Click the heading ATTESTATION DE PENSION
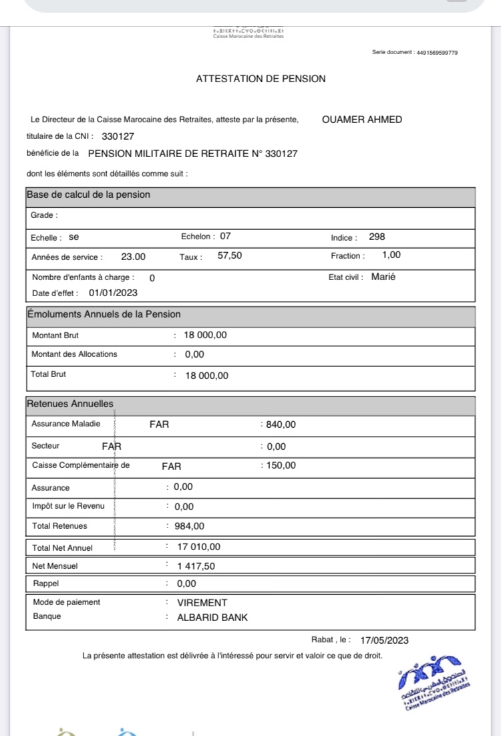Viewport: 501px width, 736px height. coord(261,79)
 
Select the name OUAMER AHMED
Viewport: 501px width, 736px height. coord(362,120)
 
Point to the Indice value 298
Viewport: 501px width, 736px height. coord(377,237)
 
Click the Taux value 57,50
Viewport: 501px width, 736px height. coord(230,255)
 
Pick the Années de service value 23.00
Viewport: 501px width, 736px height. coord(133,256)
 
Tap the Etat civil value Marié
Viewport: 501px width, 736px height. coord(383,277)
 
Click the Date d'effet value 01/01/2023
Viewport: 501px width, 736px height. coord(114,293)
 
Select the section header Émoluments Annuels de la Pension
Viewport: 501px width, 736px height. coord(104,314)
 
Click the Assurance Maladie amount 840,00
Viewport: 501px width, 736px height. coord(281,424)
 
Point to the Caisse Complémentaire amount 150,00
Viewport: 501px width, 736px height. coord(281,466)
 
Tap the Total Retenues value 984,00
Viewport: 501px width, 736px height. coord(189,526)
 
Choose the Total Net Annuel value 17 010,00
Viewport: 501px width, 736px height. coord(198,547)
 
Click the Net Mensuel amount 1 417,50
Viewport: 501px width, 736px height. coord(196,566)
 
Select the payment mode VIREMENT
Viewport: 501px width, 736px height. coord(202,602)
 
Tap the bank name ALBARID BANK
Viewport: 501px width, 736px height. coord(212,618)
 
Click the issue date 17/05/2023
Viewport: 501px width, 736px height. coord(383,640)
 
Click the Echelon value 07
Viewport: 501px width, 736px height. coord(225,236)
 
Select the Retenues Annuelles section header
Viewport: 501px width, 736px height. coord(70,404)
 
